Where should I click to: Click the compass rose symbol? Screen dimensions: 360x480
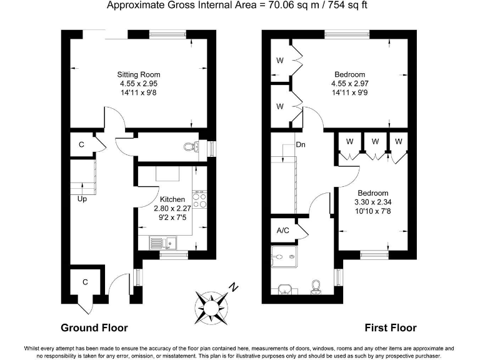click(213, 305)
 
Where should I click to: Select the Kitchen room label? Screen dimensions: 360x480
click(172, 199)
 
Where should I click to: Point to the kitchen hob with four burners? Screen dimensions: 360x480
click(201, 200)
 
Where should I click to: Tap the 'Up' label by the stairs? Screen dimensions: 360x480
click(82, 200)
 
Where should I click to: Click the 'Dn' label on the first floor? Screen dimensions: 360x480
click(300, 144)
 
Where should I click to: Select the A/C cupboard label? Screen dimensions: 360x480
click(283, 231)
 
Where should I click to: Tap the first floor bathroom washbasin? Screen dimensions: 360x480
click(284, 289)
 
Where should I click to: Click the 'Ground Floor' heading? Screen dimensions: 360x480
click(94, 327)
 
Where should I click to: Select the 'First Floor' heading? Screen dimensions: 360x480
click(391, 327)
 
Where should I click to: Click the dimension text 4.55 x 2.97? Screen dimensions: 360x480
click(349, 84)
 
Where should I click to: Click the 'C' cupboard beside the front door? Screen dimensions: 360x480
click(84, 283)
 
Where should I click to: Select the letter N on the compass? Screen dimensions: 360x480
click(233, 288)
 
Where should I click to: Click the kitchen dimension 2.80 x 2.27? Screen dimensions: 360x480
click(172, 207)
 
